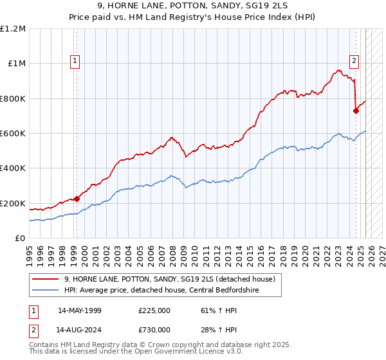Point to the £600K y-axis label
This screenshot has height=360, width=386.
(13, 134)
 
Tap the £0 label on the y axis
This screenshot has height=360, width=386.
(21, 239)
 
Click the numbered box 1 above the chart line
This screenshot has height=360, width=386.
(75, 61)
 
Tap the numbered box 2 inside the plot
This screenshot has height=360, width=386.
(354, 61)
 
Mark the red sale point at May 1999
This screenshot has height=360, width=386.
(77, 199)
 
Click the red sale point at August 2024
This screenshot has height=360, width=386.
(356, 111)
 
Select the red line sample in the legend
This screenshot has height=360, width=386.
(46, 279)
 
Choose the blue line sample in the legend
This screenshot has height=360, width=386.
(46, 290)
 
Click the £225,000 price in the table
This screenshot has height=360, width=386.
(154, 310)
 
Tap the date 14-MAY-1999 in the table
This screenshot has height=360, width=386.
(80, 310)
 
